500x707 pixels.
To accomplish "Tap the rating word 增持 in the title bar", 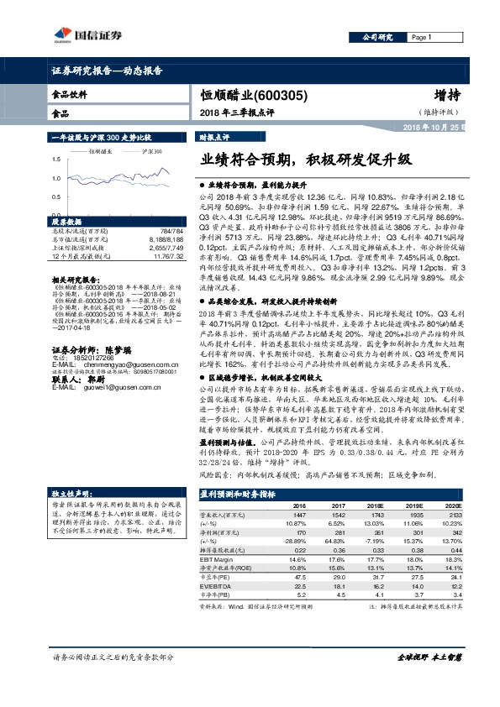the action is coord(450,96).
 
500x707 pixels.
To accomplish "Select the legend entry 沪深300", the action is coord(152,151).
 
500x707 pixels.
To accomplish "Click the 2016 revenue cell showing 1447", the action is coord(298,537).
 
